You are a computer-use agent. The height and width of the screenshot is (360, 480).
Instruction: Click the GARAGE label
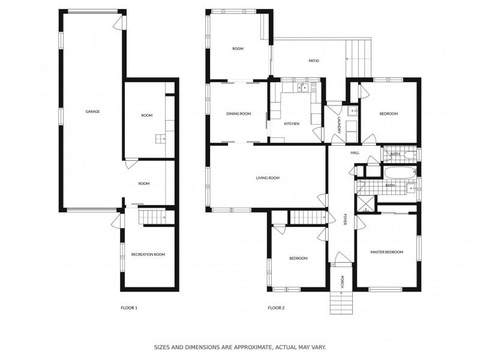92,112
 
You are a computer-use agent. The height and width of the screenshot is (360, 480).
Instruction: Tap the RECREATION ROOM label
148,254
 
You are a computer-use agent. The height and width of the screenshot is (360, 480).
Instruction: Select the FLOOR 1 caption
129,308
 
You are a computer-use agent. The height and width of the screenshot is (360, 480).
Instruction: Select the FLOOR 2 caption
276,308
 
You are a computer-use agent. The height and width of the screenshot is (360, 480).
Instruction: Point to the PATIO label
313,61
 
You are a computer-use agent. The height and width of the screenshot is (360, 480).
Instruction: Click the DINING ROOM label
238,113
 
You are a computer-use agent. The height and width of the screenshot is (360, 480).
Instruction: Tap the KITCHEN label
292,124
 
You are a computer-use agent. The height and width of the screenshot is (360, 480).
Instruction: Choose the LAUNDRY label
339,125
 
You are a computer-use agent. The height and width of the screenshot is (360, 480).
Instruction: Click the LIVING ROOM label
268,178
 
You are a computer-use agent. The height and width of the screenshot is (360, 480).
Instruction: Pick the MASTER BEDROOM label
386,252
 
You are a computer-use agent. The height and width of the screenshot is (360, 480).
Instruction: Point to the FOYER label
345,219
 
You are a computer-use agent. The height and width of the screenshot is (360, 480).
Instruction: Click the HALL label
355,153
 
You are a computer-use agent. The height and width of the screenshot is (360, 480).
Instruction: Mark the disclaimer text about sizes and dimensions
240,347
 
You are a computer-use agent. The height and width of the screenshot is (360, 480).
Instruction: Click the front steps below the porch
341,303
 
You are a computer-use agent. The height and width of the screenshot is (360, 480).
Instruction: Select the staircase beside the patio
359,58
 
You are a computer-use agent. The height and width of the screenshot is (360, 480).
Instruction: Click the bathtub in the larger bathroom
398,174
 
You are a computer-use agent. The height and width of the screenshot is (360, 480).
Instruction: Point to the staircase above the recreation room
152,217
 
